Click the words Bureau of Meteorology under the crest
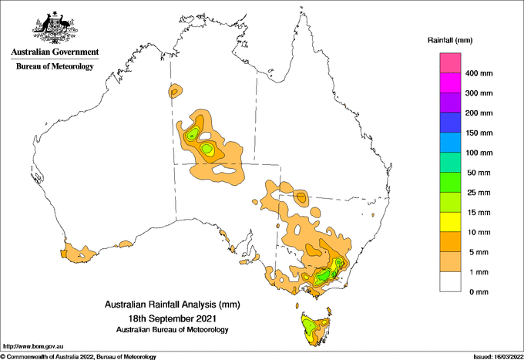coord(55,66)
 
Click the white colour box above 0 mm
coord(451,282)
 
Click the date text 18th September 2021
coord(171,318)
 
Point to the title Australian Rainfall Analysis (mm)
coord(171,304)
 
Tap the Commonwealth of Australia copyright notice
coord(79,356)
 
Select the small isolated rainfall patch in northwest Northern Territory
coord(176,92)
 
